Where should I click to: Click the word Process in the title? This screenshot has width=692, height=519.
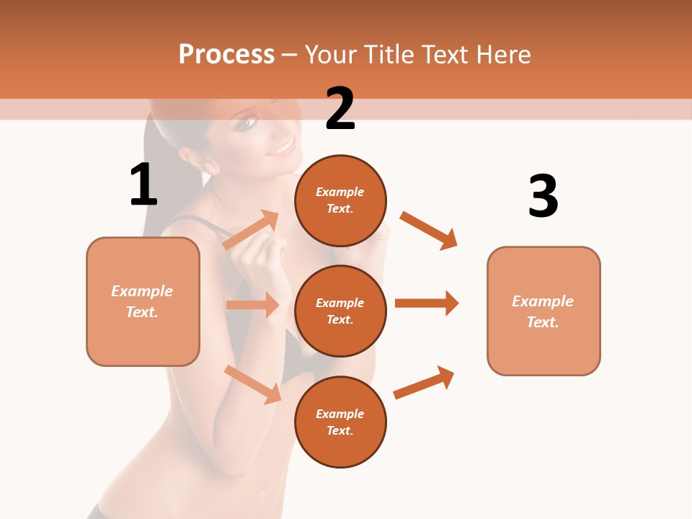(226, 55)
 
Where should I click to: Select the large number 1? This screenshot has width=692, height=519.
(143, 185)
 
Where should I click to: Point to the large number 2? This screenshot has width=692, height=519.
(340, 109)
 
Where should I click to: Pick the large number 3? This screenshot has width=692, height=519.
(543, 196)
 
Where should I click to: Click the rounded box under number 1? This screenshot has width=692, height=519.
(143, 301)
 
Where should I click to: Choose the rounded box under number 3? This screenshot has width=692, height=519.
(544, 311)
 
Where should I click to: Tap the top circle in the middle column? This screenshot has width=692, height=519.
(340, 200)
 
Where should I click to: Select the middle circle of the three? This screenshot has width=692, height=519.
(340, 311)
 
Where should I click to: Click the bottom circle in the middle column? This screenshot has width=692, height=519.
(340, 422)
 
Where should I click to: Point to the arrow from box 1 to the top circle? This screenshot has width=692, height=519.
(252, 230)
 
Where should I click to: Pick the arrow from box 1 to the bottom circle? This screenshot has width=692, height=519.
(253, 384)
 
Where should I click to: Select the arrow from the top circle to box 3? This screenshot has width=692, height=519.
(429, 230)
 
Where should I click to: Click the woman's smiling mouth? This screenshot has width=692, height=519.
(282, 148)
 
